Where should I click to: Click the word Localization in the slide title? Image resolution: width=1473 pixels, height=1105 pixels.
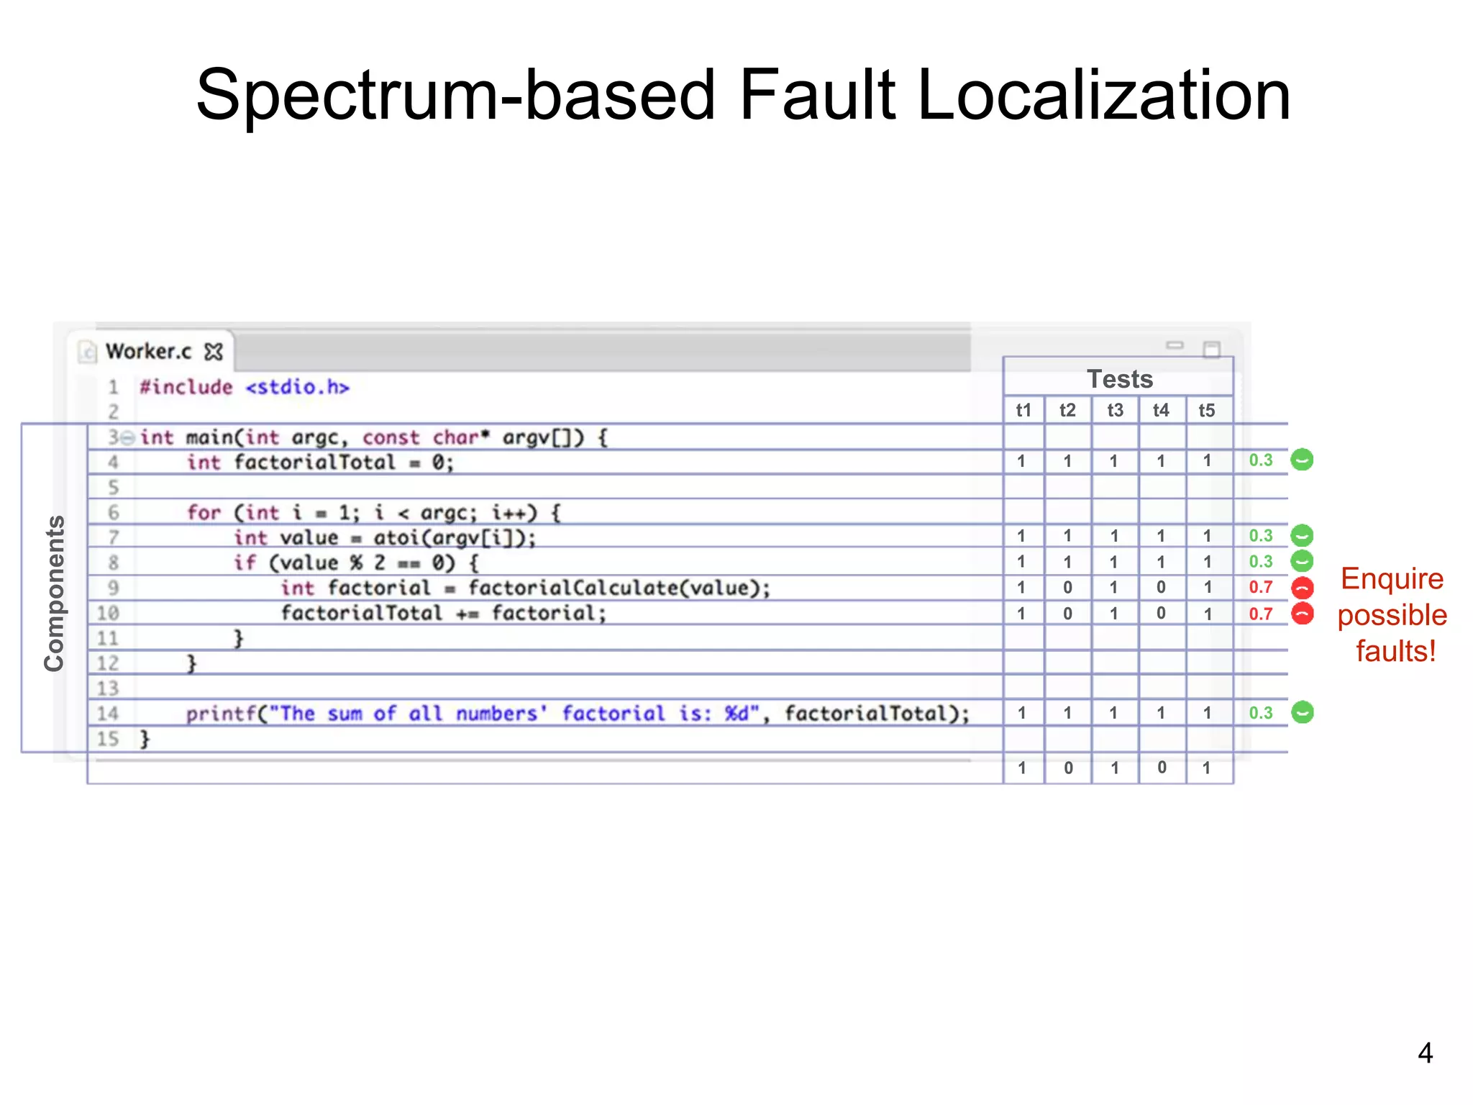click(x=1103, y=95)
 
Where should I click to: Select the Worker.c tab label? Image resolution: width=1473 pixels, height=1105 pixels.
click(x=149, y=351)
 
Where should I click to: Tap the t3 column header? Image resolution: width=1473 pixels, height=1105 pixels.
click(x=1115, y=410)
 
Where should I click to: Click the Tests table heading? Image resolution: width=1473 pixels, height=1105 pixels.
click(x=1119, y=378)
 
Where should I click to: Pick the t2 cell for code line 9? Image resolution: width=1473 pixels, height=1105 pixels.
click(x=1067, y=588)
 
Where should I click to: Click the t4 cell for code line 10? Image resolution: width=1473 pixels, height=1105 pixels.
click(x=1161, y=613)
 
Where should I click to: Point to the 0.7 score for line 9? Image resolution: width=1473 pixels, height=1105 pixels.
click(x=1260, y=587)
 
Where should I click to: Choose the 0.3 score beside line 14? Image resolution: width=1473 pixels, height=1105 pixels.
click(x=1260, y=712)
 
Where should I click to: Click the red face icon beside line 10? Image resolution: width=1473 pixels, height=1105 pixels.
click(x=1303, y=614)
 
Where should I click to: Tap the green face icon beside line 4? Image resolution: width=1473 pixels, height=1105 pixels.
click(x=1302, y=460)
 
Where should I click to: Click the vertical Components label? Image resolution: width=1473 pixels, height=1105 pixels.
click(x=55, y=594)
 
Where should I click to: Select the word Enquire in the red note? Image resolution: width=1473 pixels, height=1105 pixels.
click(x=1392, y=578)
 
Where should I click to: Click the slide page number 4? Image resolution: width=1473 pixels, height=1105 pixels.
click(x=1425, y=1053)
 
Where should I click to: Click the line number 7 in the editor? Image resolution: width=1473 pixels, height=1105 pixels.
click(x=113, y=537)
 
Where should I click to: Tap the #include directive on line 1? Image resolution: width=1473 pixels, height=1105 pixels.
click(x=186, y=387)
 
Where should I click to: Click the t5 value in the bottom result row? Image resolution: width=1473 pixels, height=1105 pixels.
click(x=1207, y=768)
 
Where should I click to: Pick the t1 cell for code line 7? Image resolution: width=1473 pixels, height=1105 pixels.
click(x=1021, y=536)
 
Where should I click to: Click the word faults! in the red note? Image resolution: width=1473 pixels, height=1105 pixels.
click(x=1395, y=651)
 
